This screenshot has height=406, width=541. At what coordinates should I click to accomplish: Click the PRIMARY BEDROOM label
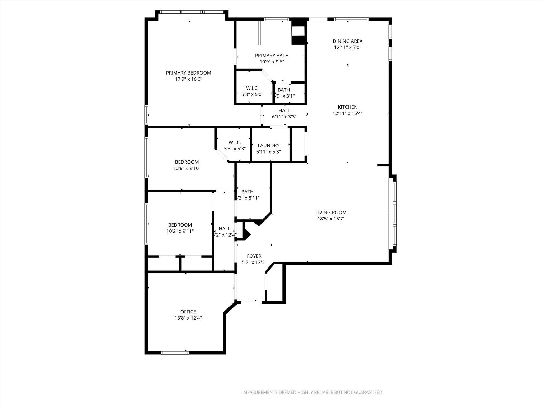point(188,73)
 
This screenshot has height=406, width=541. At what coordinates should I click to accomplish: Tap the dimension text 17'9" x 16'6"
point(188,79)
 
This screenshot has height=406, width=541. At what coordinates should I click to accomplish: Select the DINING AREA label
point(347,41)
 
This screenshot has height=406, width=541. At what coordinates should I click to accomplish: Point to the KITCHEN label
point(347,107)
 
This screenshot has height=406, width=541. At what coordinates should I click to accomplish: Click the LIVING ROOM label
point(331,213)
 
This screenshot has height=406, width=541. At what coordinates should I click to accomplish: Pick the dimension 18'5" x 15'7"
point(331,219)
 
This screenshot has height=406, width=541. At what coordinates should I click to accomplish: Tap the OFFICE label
point(188,312)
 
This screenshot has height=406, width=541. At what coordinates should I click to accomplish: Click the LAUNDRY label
point(268,146)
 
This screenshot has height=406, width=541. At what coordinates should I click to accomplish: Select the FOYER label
point(254,256)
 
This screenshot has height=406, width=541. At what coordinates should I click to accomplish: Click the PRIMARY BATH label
point(272,56)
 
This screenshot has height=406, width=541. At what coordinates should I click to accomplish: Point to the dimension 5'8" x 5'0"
point(252,94)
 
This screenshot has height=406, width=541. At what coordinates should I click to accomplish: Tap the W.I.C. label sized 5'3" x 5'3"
point(235,142)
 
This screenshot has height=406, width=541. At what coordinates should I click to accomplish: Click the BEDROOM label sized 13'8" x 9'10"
point(187,162)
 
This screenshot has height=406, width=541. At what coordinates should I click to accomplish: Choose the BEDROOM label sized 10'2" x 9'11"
point(180,225)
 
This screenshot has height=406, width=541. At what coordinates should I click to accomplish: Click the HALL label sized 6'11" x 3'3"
point(284,111)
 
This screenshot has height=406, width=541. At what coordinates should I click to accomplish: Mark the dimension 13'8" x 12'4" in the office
point(188,318)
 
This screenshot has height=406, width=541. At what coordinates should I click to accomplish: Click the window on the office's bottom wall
point(175,352)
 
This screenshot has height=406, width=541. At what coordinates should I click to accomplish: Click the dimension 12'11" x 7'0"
point(347,48)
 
